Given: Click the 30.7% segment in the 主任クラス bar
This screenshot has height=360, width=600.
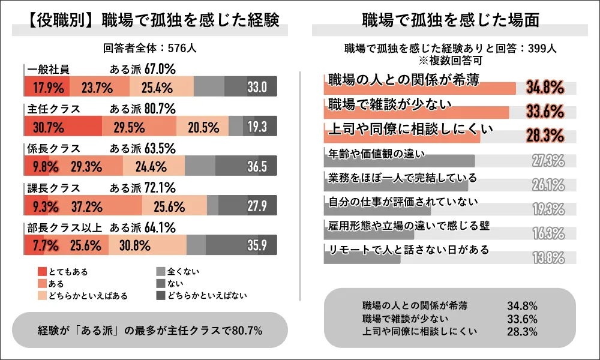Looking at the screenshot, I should click(x=49, y=127).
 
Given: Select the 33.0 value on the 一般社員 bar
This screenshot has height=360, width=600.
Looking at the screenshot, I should click(x=257, y=88).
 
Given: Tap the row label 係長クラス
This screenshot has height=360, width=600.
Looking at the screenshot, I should click(x=53, y=148).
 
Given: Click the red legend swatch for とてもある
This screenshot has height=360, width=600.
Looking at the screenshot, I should click(x=41, y=272).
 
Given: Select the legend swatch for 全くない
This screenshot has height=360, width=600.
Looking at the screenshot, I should click(x=160, y=272).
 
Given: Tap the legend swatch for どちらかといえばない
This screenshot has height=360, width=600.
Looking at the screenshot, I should click(x=160, y=296).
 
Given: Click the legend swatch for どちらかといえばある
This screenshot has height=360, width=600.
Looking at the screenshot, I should click(x=41, y=296).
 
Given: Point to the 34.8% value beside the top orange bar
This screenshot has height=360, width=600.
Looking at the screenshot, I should click(x=545, y=88).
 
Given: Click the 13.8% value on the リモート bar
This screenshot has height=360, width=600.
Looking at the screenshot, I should click(x=548, y=258).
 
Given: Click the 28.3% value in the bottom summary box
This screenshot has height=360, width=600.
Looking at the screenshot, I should click(x=521, y=331).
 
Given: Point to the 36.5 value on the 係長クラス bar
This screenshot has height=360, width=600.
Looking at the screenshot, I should click(x=257, y=167).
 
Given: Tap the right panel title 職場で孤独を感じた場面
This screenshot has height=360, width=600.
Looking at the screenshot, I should click(x=450, y=20).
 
